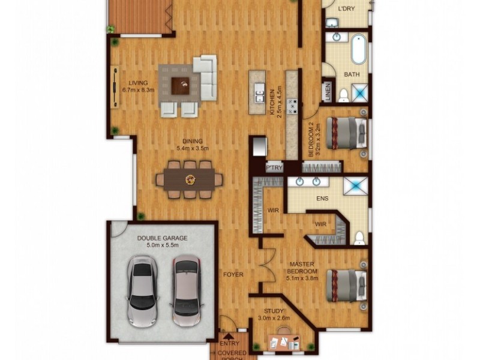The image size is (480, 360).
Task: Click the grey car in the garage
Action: (x=142, y=290)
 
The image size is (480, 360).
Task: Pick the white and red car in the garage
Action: (x=185, y=290)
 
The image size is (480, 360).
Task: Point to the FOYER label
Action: (x=233, y=275)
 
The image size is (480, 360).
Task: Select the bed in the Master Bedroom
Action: (x=346, y=285)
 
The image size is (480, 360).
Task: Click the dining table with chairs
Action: (x=190, y=179)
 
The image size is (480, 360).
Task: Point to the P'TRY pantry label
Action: (x=275, y=168)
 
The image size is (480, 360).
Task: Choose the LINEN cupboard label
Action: (x=328, y=94)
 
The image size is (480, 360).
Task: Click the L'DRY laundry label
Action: (x=346, y=9)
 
